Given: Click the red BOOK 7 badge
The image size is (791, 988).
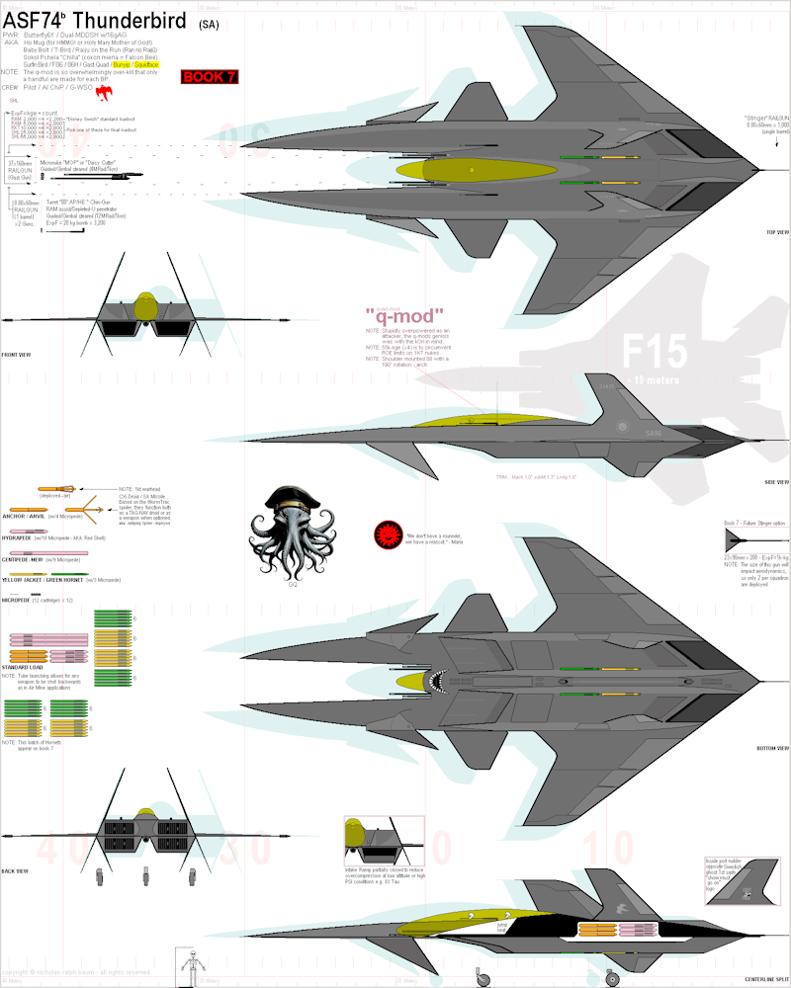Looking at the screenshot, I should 210,77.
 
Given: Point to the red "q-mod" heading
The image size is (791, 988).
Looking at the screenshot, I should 404,315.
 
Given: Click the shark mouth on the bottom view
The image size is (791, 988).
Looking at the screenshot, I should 436,681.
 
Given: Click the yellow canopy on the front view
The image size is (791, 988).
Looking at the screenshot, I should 146,306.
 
